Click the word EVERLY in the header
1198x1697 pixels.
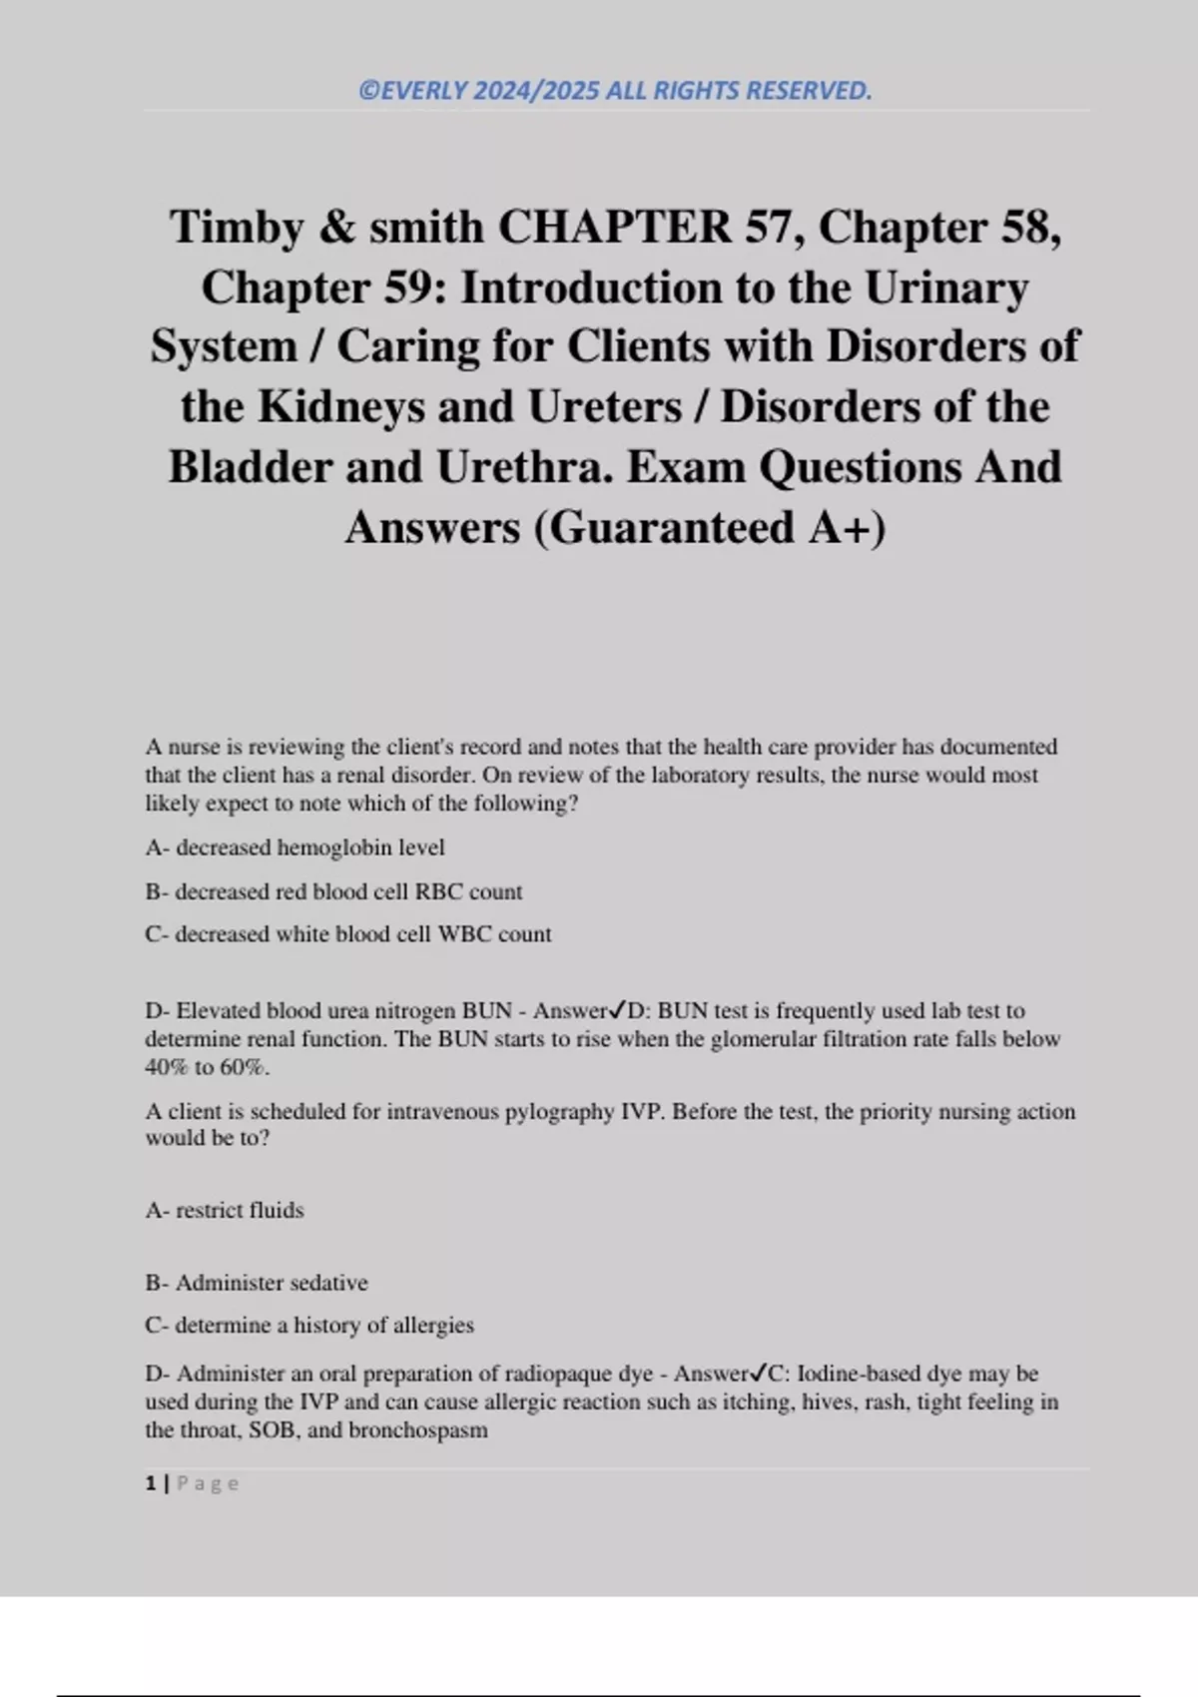[x=422, y=91]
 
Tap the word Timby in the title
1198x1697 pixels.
[x=237, y=227]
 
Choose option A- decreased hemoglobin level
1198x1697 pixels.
[x=295, y=848]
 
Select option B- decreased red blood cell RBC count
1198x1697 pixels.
[x=333, y=891]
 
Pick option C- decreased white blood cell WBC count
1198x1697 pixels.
[x=347, y=934]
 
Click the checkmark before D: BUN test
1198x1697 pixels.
[x=617, y=1010]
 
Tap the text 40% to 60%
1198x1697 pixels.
[x=207, y=1067]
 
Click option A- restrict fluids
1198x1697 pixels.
[x=225, y=1210]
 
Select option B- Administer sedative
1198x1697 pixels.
[x=257, y=1283]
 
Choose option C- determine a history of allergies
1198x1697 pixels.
[x=309, y=1326]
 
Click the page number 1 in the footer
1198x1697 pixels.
[x=151, y=1483]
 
